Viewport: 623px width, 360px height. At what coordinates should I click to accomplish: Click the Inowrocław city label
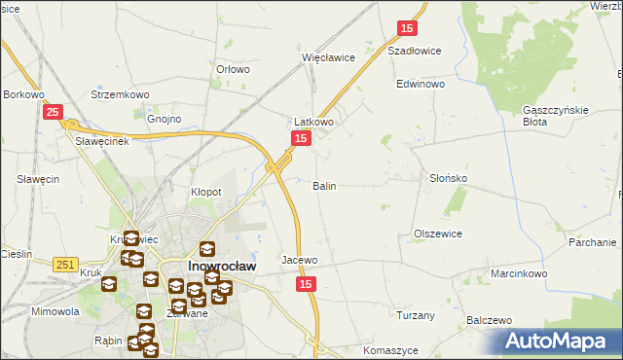coord(221,267)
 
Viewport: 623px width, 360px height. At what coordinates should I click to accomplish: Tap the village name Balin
coord(324,185)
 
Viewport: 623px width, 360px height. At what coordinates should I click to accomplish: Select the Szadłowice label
coord(415,51)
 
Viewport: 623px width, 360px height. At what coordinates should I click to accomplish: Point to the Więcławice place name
coord(328,57)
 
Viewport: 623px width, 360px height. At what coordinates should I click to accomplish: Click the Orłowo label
coord(234,69)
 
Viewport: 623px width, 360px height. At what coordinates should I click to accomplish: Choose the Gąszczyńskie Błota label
coord(556,116)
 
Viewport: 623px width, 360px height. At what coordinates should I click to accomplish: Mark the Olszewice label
coord(438,234)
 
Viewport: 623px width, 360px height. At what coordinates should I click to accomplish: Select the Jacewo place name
coord(300,261)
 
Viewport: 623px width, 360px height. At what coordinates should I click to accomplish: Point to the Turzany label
coord(416,315)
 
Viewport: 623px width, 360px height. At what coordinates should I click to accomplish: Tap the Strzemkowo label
coord(118,94)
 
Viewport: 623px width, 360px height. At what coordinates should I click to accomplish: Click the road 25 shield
coord(55,113)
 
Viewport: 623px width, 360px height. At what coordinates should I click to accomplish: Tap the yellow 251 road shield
coord(66,265)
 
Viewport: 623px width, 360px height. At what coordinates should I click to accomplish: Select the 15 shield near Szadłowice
coord(408,30)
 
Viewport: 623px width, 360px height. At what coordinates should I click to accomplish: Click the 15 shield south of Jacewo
coord(307,283)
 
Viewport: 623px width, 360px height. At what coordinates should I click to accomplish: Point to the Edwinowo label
coord(421,85)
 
